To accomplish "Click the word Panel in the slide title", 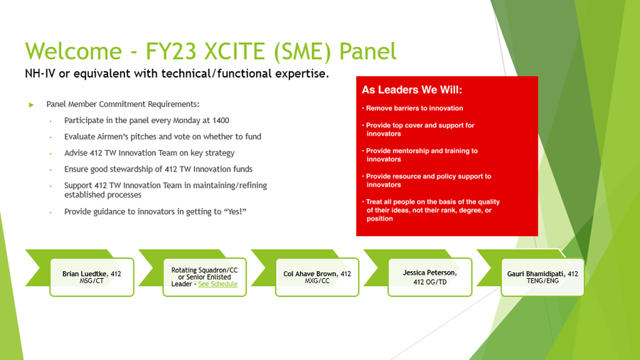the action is pyautogui.click(x=368, y=51).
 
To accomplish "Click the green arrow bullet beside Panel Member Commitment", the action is pyautogui.click(x=31, y=105).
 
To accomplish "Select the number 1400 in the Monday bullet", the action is pyautogui.click(x=220, y=120).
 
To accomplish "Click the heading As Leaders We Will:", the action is pyautogui.click(x=412, y=90).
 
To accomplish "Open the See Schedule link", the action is pyautogui.click(x=218, y=284).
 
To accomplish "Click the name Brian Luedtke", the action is pyautogui.click(x=85, y=273).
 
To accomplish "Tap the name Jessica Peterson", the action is pyautogui.click(x=430, y=272).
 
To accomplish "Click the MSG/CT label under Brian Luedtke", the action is pyautogui.click(x=92, y=281).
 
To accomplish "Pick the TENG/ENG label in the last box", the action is pyautogui.click(x=543, y=281).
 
